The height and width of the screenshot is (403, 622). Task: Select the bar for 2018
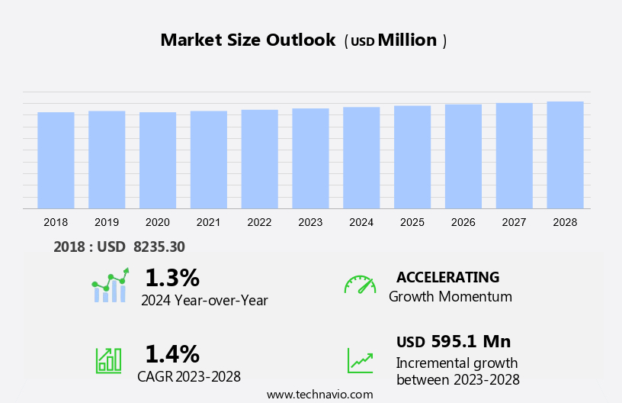tap(56, 160)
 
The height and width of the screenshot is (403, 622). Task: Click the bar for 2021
tap(209, 160)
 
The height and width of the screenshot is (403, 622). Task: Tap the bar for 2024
tap(361, 157)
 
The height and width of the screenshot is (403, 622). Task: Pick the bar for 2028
tap(565, 155)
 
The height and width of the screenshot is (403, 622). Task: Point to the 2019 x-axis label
tap(107, 222)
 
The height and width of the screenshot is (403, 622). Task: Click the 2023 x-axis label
tap(310, 222)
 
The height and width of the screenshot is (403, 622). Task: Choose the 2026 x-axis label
tap(463, 222)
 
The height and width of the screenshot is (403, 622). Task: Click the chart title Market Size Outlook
tap(248, 40)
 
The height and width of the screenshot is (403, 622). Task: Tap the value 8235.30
tap(159, 247)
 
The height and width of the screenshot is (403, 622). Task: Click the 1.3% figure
tap(172, 277)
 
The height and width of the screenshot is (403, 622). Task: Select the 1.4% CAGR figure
tap(172, 353)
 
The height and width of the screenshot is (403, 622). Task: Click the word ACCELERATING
tap(447, 277)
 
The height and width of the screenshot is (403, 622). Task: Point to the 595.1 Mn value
tap(470, 341)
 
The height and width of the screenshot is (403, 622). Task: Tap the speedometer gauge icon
tap(360, 285)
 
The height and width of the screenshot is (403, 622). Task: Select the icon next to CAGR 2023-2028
tap(108, 359)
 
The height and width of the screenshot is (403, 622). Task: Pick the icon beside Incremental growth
tap(360, 360)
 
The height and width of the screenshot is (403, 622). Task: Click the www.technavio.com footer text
tap(319, 395)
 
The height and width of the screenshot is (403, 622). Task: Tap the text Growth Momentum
tap(450, 296)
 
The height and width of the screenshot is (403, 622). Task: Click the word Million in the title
tap(408, 40)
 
